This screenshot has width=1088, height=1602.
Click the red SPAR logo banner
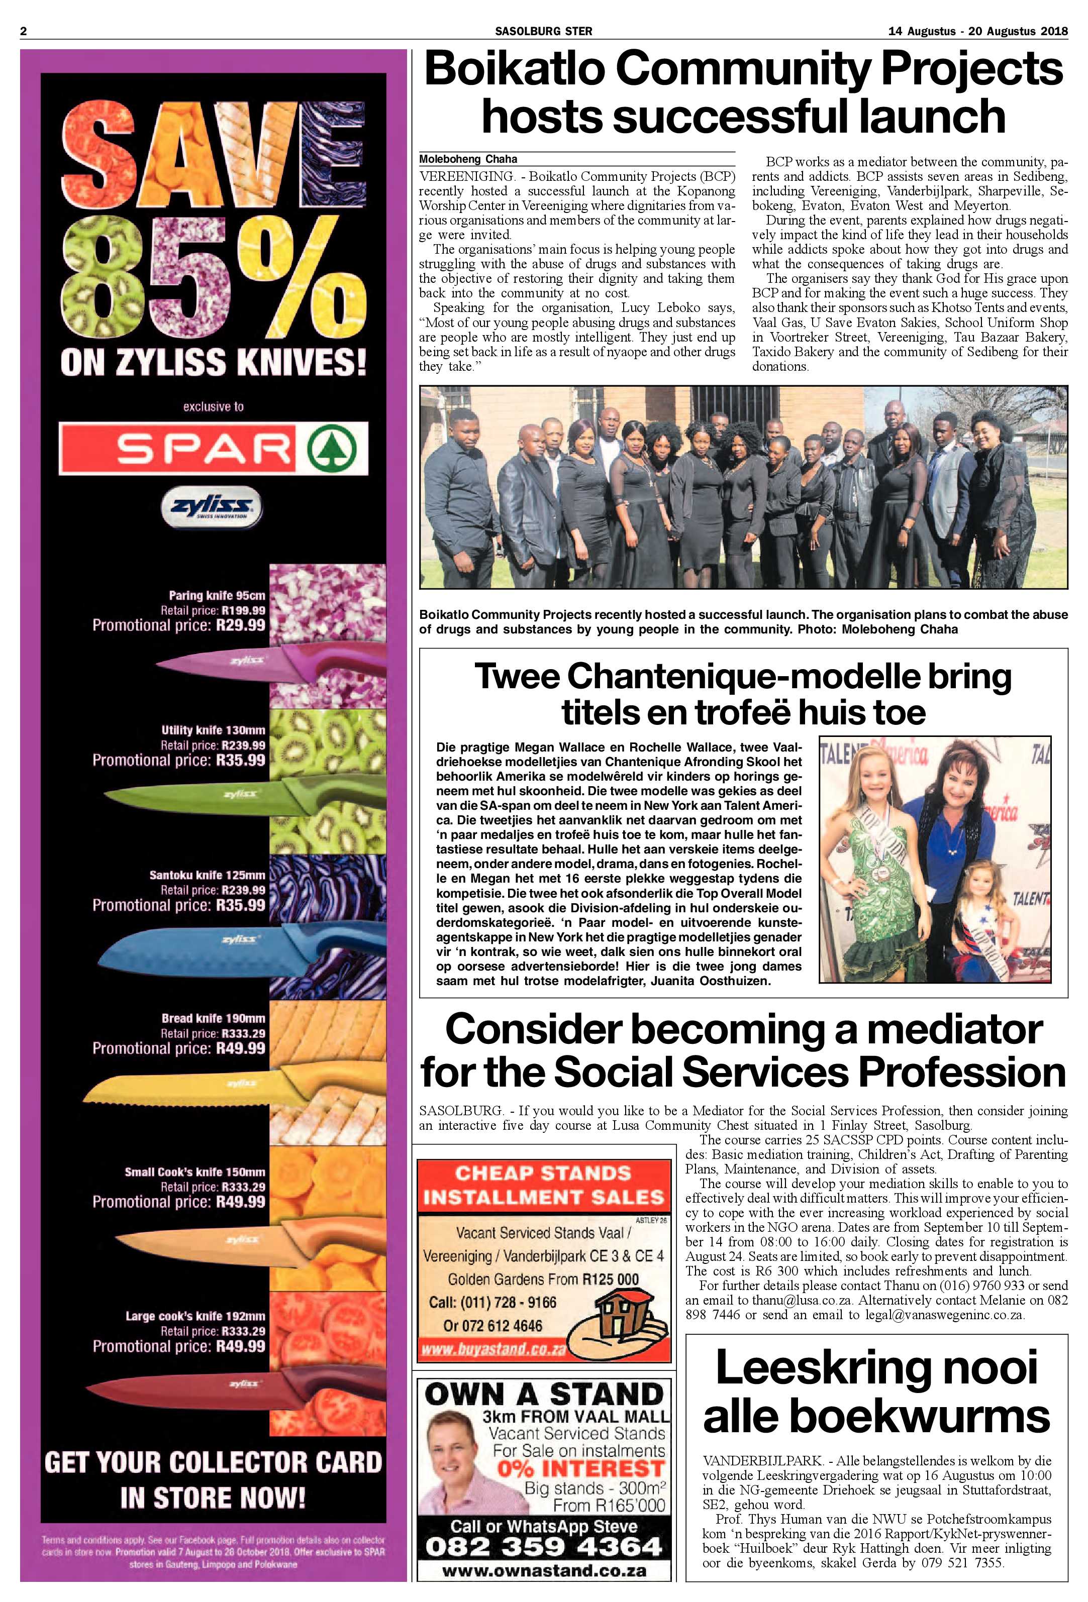[213, 448]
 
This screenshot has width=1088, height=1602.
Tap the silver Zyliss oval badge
[212, 509]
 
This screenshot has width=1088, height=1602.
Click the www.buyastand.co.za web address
[493, 1349]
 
